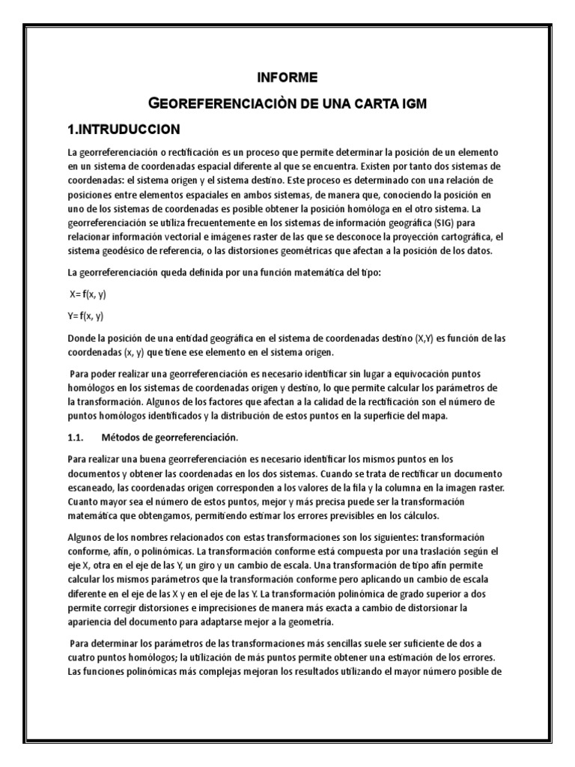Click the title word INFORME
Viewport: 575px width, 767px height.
[x=287, y=77]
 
